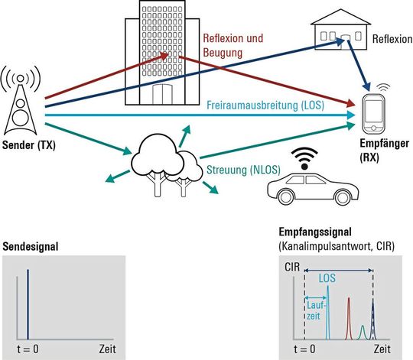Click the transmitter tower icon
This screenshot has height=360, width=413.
click(23, 102)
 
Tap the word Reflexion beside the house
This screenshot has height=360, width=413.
click(392, 37)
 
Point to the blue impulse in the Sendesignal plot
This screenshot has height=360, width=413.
click(29, 303)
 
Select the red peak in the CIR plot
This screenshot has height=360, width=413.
click(348, 318)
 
